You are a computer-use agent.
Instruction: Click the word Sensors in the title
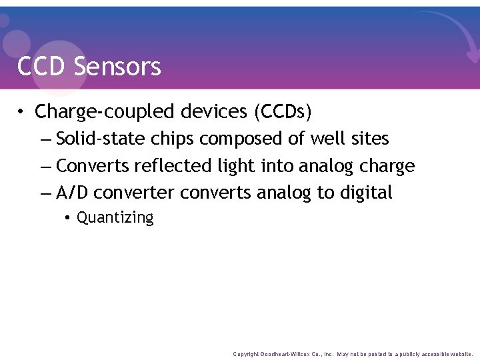[x=118, y=67]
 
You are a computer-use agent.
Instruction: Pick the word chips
[x=173, y=139]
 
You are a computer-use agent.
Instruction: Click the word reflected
[x=173, y=165]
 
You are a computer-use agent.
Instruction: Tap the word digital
[x=366, y=193]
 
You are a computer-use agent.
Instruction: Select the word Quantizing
[x=115, y=218]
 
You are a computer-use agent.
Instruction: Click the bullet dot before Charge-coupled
[x=22, y=112]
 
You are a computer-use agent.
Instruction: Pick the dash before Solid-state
[x=45, y=139]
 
